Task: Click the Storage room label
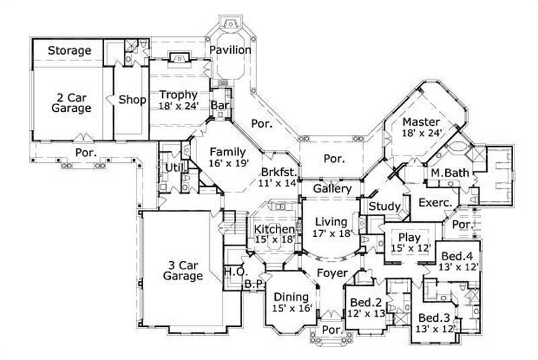coord(69,50)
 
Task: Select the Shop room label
coord(132,100)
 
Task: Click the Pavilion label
coord(229,50)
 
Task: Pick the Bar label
coord(218,106)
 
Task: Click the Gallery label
coord(330,189)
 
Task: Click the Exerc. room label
coord(434,202)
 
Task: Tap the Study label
coord(385,206)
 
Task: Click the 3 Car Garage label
coord(182,270)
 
